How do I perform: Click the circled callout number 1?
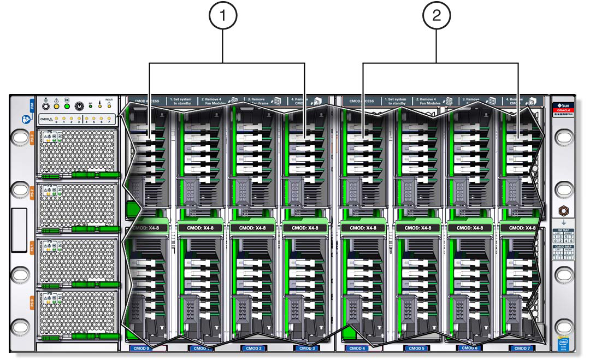pos(222,16)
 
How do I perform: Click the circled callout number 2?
pos(436,16)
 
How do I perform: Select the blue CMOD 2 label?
pos(253,348)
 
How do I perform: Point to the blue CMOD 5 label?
pos(416,348)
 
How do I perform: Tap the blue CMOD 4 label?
pos(356,348)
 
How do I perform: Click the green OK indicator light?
pos(67,106)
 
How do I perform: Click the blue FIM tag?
pos(32,106)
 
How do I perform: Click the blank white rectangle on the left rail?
pos(19,229)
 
